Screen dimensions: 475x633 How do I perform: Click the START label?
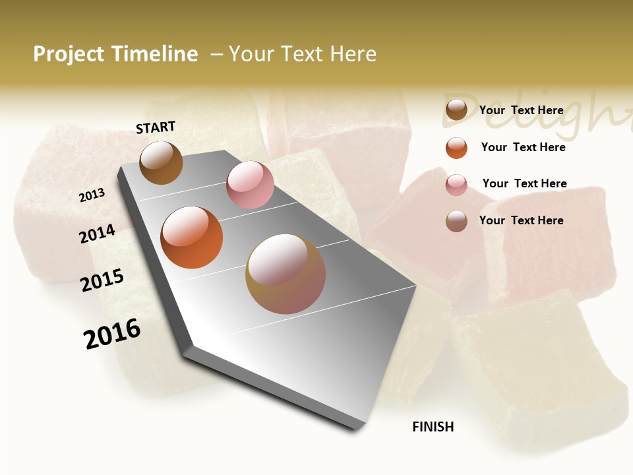tap(156, 127)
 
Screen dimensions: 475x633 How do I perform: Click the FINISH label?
tap(433, 427)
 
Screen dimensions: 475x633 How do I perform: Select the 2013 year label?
tap(92, 195)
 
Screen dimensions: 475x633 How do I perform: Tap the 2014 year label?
tap(98, 234)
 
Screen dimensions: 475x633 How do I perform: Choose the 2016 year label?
tap(112, 334)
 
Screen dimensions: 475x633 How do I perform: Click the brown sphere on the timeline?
tap(161, 162)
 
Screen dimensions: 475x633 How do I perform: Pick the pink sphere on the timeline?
tap(250, 185)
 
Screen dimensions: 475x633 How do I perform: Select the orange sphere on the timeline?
tap(192, 237)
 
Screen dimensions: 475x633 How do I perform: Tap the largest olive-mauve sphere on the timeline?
tap(286, 274)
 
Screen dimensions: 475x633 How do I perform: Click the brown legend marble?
tap(456, 110)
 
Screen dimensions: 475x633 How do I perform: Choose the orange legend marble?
tap(456, 148)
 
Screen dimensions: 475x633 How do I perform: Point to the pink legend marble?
tap(456, 185)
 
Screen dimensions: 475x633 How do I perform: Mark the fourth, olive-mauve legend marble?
tap(456, 221)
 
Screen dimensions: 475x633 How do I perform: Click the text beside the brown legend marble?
tap(521, 110)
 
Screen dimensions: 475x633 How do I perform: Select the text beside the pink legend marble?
tap(524, 183)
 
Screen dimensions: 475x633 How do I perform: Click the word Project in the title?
tap(67, 54)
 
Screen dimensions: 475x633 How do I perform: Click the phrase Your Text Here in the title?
tap(303, 54)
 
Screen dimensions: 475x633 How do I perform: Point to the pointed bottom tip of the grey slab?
tap(356, 429)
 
